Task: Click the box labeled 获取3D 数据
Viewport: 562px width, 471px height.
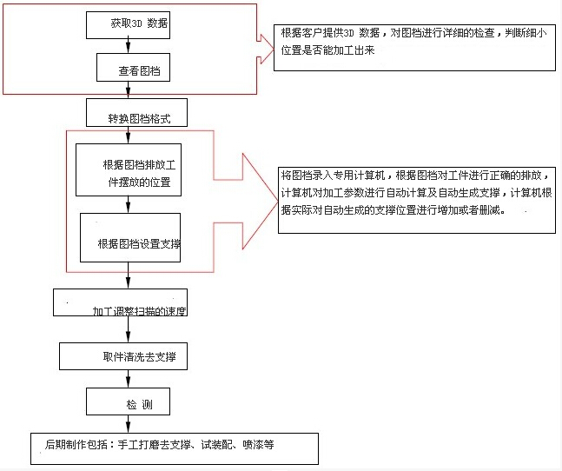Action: click(x=128, y=25)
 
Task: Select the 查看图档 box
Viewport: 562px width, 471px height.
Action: click(x=133, y=68)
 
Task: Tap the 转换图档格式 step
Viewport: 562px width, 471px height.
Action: click(x=136, y=113)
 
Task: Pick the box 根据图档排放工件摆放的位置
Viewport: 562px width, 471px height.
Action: click(x=129, y=170)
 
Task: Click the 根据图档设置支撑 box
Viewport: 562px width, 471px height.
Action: click(x=130, y=237)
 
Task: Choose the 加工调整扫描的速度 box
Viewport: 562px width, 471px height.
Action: click(x=120, y=302)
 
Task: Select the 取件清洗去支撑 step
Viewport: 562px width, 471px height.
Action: click(x=123, y=356)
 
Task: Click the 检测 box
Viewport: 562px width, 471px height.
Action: click(x=128, y=401)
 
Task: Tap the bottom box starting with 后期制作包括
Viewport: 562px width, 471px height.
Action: click(x=175, y=448)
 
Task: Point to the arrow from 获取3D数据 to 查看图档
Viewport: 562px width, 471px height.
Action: click(x=128, y=46)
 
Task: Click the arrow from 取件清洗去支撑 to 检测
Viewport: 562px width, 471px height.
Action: click(x=128, y=379)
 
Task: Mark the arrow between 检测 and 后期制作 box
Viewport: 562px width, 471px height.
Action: click(x=128, y=424)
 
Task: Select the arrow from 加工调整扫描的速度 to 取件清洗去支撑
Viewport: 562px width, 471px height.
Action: click(x=128, y=329)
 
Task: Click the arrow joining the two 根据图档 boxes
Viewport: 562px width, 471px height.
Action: click(x=128, y=204)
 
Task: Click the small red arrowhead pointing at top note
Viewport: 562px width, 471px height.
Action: click(x=266, y=50)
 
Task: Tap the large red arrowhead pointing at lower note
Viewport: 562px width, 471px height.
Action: click(x=260, y=201)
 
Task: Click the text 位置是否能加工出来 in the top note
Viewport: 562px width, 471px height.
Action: click(x=327, y=50)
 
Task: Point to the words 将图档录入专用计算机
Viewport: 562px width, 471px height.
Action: click(x=333, y=176)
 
